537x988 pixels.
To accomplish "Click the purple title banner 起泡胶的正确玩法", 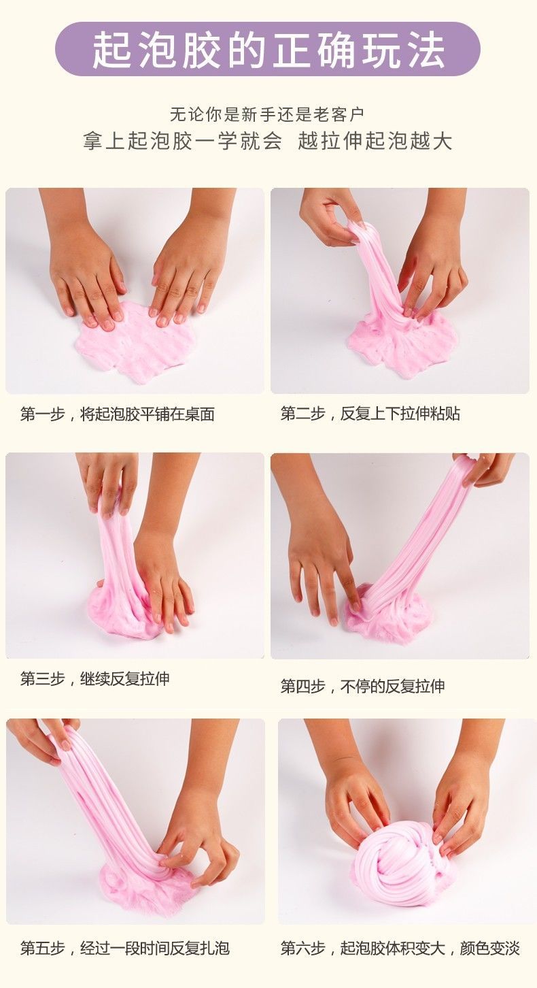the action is click(x=268, y=49).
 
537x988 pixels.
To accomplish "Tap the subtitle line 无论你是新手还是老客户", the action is click(x=267, y=114).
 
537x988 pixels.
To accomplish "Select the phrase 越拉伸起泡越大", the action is click(x=375, y=141).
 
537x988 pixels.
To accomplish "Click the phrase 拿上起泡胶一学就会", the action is click(x=182, y=141).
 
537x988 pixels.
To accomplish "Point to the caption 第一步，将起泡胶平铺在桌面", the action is click(x=118, y=414).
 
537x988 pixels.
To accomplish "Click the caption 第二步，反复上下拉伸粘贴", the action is click(x=370, y=414).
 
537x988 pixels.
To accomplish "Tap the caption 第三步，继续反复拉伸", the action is click(x=95, y=678).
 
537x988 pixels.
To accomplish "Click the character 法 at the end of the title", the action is click(x=426, y=50).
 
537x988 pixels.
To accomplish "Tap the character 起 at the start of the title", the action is click(x=111, y=50).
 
